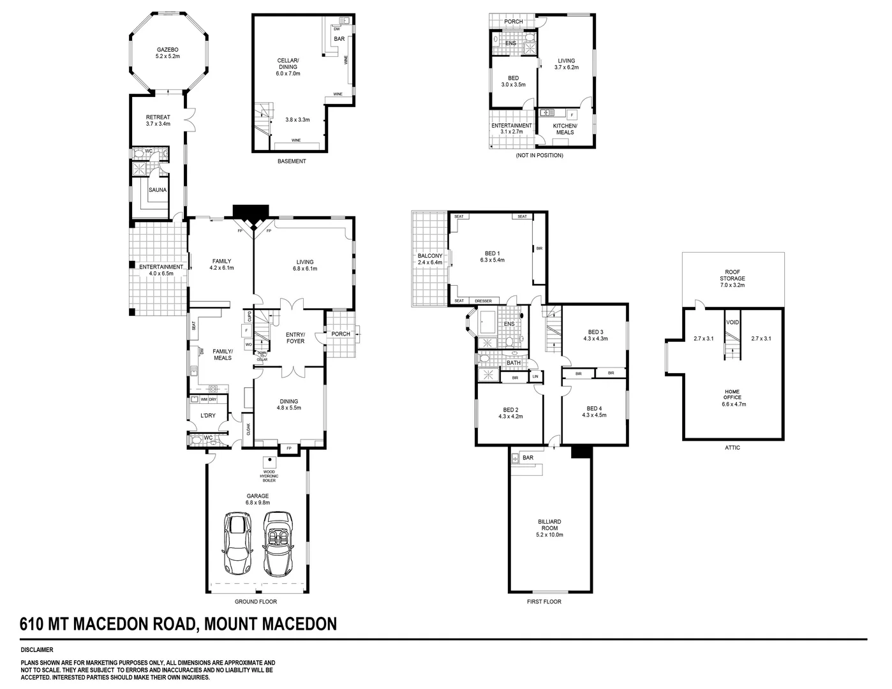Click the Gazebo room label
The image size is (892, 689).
(x=168, y=50)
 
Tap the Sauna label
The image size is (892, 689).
(x=158, y=190)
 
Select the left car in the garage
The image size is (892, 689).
(x=237, y=544)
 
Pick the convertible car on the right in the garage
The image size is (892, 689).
(x=277, y=544)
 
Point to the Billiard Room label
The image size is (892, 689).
(x=549, y=524)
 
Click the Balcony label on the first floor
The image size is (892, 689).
(x=429, y=255)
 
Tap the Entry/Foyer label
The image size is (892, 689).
(x=295, y=337)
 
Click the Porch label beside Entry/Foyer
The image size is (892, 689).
(x=340, y=334)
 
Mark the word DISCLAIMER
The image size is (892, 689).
(x=36, y=650)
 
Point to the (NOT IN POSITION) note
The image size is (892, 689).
(x=539, y=155)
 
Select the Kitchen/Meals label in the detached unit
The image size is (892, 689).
(x=565, y=129)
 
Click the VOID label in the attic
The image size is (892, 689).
(x=732, y=323)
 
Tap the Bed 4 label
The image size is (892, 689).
(x=593, y=408)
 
